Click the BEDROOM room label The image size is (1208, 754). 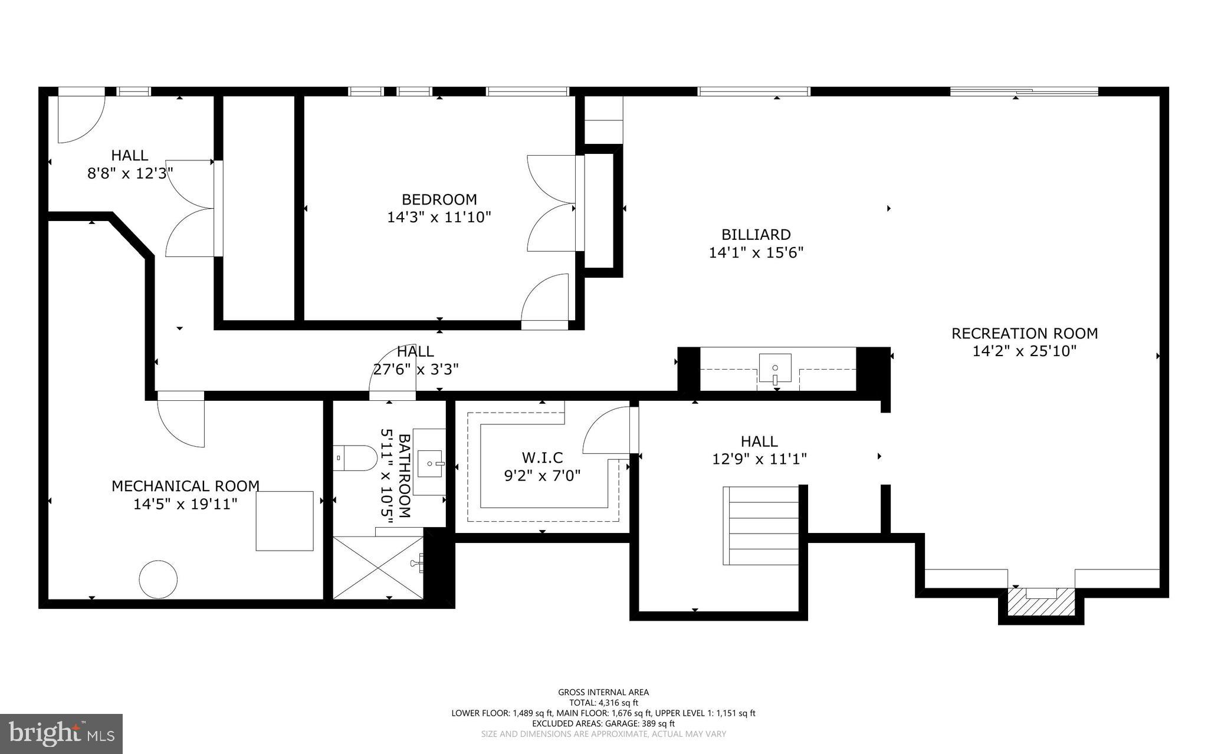(x=439, y=199)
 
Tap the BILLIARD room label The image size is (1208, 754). (x=756, y=235)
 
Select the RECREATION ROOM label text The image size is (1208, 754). (x=1025, y=334)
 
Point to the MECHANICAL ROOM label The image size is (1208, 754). (x=185, y=486)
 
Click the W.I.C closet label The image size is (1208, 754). (x=542, y=457)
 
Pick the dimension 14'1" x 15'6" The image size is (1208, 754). (x=756, y=253)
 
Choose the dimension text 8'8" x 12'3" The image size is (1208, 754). (x=130, y=174)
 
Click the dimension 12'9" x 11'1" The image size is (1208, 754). (x=759, y=459)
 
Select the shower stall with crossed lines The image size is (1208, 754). (x=378, y=567)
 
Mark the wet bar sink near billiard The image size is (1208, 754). (x=775, y=369)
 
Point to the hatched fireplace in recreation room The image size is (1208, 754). (x=1041, y=602)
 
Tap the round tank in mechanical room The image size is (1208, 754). (x=158, y=580)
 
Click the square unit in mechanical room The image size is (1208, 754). (x=284, y=521)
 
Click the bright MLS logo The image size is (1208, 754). (x=61, y=733)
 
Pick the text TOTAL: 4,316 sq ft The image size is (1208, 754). (x=603, y=703)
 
